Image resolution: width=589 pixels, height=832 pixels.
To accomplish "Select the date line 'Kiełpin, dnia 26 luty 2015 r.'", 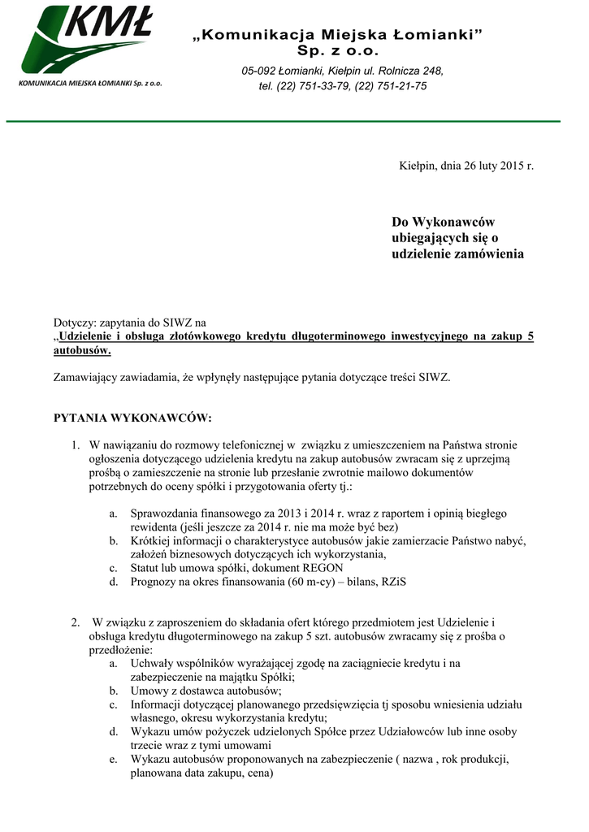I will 466,166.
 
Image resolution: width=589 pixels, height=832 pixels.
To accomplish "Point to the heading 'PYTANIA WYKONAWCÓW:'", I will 132,418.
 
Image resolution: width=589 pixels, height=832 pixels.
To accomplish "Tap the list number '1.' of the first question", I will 74,445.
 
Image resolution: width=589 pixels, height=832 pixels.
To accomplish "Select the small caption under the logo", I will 90,84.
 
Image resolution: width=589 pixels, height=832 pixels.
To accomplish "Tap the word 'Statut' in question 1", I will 146,569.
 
